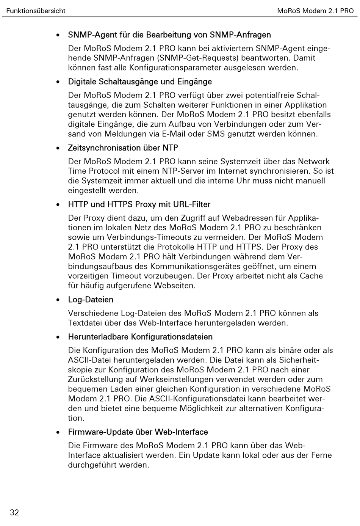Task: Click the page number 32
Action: (14, 513)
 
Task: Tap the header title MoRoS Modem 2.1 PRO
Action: (315, 11)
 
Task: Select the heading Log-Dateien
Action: (91, 300)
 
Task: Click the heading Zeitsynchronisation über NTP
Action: (123, 148)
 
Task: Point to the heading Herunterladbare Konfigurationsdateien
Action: (140, 337)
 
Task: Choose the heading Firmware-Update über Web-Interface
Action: (138, 432)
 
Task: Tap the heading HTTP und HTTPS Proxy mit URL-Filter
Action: (139, 204)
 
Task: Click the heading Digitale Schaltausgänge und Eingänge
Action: (140, 82)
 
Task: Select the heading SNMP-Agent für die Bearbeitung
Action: (169, 35)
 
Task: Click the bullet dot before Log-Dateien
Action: (58, 300)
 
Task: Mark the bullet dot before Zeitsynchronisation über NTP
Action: (58, 148)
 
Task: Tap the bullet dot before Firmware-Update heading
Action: (58, 432)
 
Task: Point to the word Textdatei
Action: (85, 323)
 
